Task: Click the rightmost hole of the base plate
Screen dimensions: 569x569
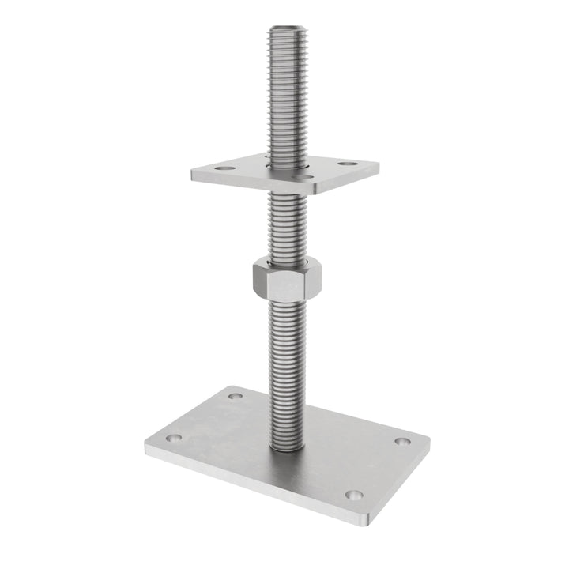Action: point(402,441)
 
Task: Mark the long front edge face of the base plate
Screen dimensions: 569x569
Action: point(253,490)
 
